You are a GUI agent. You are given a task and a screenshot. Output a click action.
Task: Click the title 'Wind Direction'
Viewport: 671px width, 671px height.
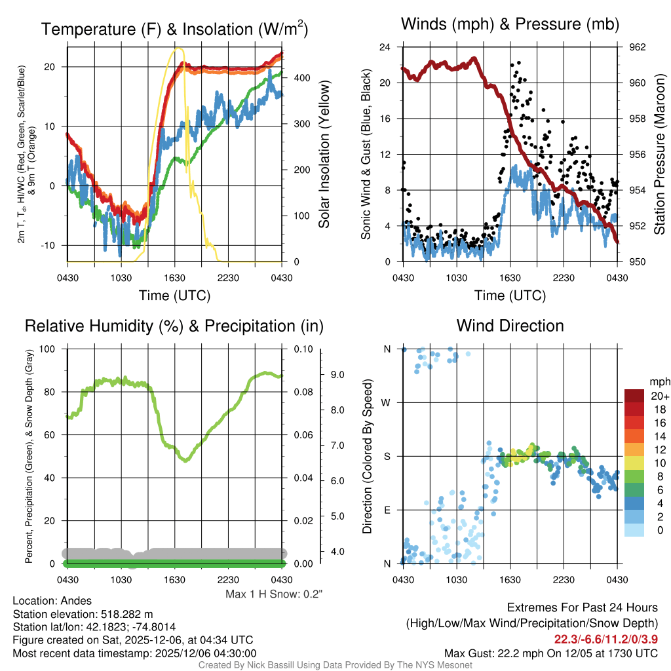(510, 326)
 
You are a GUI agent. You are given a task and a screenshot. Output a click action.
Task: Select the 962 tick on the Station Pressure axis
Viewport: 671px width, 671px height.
(638, 47)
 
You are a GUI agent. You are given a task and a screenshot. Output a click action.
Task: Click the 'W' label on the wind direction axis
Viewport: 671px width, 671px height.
(387, 402)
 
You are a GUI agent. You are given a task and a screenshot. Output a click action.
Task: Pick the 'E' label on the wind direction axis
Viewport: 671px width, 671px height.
(387, 510)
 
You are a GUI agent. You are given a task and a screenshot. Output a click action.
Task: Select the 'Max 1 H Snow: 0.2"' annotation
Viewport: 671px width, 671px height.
(274, 594)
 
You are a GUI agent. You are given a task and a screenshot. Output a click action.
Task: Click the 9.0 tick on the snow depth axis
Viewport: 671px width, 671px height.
(336, 375)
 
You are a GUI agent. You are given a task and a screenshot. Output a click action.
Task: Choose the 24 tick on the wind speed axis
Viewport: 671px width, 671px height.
(386, 47)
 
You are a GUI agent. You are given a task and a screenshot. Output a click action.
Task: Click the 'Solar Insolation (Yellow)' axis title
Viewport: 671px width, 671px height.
(324, 155)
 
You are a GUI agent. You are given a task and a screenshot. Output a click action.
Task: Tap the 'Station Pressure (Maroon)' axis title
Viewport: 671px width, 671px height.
(660, 155)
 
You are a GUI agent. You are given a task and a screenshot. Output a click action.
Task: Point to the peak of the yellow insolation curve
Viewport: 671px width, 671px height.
(177, 48)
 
